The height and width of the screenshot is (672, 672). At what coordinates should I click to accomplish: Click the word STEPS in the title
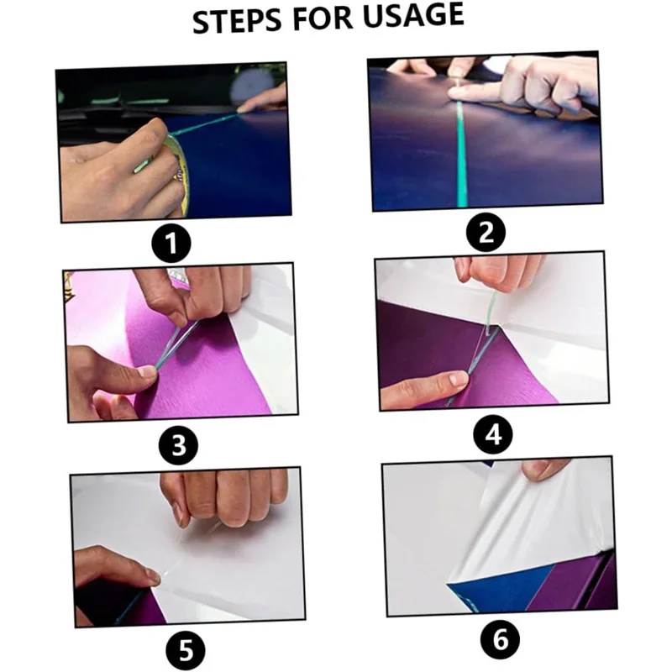238,19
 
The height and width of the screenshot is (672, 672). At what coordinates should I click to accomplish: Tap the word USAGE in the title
413,15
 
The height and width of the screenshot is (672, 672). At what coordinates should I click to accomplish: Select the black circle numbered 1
171,243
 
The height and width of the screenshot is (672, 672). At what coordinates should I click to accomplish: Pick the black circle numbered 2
486,233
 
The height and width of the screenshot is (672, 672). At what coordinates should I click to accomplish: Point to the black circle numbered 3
178,445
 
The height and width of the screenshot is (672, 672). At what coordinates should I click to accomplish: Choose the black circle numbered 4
493,434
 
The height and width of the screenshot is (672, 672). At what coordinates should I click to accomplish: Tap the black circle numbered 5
186,649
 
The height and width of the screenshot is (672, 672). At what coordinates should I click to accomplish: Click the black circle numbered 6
500,639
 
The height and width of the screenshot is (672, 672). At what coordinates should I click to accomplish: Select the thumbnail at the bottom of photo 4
456,379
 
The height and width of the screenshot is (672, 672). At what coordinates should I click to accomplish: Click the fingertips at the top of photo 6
541,470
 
